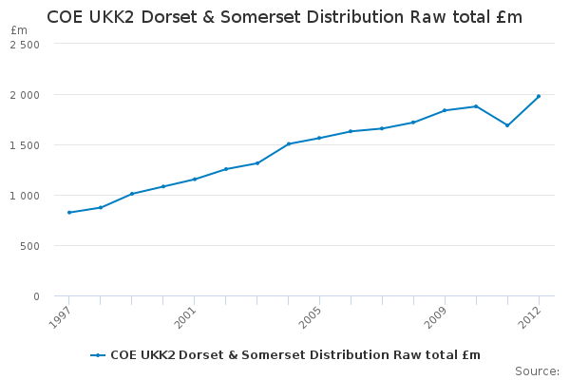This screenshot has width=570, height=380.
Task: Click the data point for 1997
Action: tap(69, 213)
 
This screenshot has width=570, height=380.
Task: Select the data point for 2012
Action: tap(539, 96)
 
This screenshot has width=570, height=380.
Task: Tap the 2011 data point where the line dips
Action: tap(507, 125)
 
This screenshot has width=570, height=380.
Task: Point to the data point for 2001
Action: tap(195, 180)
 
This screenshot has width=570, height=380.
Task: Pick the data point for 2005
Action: tap(319, 138)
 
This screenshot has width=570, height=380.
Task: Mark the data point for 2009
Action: tap(445, 110)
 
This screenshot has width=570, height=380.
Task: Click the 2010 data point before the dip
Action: tap(476, 106)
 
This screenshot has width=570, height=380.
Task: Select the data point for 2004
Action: tap(288, 144)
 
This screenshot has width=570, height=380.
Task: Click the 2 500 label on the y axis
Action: tap(25, 45)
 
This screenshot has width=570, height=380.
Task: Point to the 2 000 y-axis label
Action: tap(25, 95)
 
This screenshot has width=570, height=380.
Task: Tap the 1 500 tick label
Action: tap(25, 145)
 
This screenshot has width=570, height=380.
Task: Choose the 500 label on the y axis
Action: tap(29, 246)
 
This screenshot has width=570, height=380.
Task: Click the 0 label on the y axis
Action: tap(36, 296)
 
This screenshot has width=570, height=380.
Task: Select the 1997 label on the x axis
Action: tap(59, 317)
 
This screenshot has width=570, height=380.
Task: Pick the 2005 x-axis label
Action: tap(310, 317)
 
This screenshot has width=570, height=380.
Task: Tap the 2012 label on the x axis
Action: tap(529, 317)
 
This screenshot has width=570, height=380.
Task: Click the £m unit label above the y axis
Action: tap(19, 30)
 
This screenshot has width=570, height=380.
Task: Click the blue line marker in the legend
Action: tap(98, 355)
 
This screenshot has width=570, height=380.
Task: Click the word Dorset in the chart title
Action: tap(169, 17)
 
